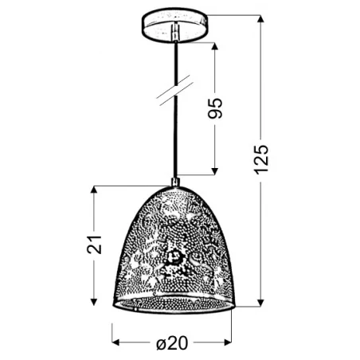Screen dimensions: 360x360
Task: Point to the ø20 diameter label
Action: pyautogui.click(x=172, y=343)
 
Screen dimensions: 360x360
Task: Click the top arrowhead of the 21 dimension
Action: pyautogui.click(x=95, y=190)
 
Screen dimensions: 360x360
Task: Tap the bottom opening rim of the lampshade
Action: pyautogui.click(x=172, y=307)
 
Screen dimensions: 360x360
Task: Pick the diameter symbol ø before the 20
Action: pyautogui.click(x=161, y=343)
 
